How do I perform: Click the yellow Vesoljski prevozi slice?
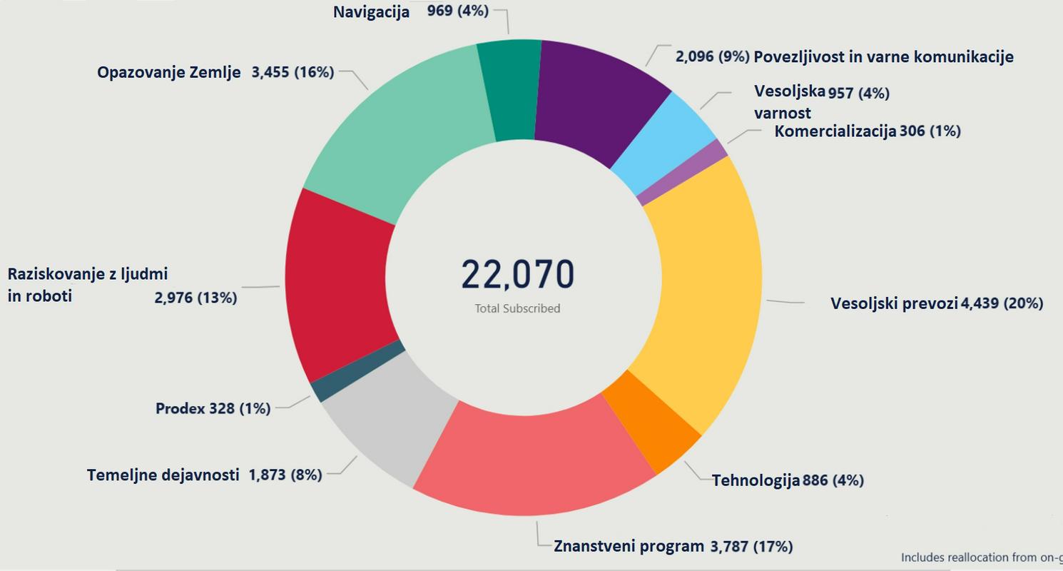coord(703,293)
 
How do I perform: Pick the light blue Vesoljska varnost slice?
coord(663,150)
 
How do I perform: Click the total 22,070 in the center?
coord(517,275)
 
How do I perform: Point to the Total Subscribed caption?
coord(517,308)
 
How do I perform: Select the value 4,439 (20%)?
coord(1002,303)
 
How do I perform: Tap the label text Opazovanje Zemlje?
coord(169,72)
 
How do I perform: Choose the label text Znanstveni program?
coord(629,546)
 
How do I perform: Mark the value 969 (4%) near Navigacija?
coord(457,11)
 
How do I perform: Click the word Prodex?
coord(180,408)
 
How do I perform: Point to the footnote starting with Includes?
coord(981,557)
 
